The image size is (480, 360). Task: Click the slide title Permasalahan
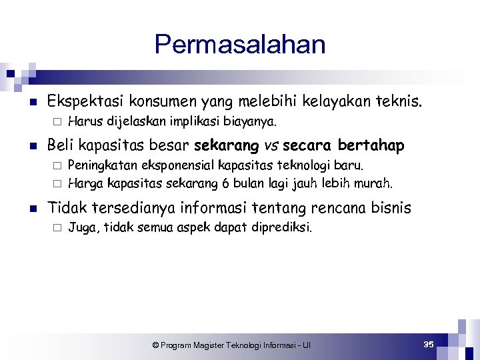240,45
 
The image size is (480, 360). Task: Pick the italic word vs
272,145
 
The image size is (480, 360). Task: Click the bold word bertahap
371,145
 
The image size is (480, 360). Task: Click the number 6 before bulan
236,182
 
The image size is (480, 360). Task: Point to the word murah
375,182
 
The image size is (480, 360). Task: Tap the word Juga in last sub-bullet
81,227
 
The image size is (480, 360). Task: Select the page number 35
429,344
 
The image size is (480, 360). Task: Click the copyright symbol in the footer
155,345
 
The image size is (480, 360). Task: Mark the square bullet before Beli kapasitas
32,145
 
